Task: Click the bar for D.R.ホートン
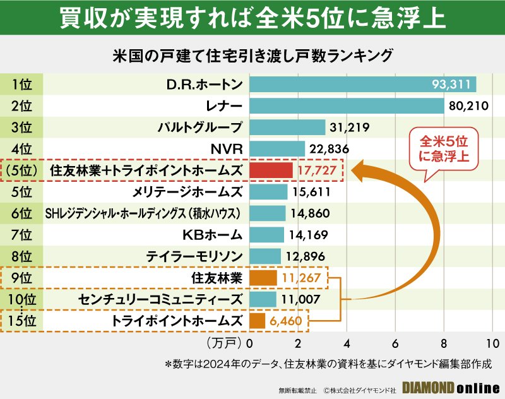click(x=363, y=84)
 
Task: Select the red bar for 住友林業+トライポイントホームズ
click(x=271, y=170)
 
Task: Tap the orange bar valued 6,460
click(x=258, y=321)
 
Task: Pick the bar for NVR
click(x=278, y=148)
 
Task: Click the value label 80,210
click(x=468, y=105)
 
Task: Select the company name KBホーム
click(x=212, y=235)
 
